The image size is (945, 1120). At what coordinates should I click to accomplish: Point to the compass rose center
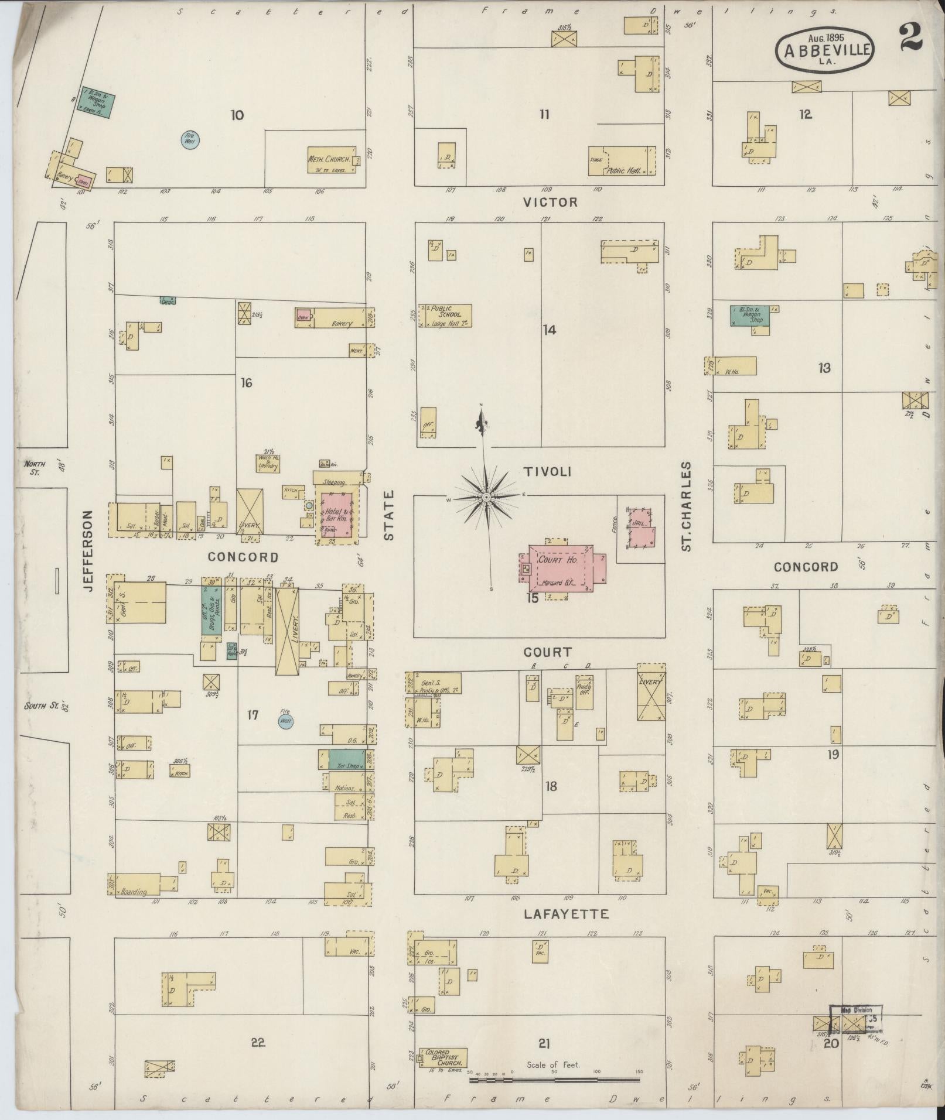(486, 498)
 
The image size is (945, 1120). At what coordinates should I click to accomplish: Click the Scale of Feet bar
(554, 1080)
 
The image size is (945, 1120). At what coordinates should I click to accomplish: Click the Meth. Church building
(332, 160)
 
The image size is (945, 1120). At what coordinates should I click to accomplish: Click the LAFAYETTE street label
(566, 914)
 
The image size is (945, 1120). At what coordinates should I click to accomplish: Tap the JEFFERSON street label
(88, 550)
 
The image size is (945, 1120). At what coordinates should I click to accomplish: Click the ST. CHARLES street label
(687, 506)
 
